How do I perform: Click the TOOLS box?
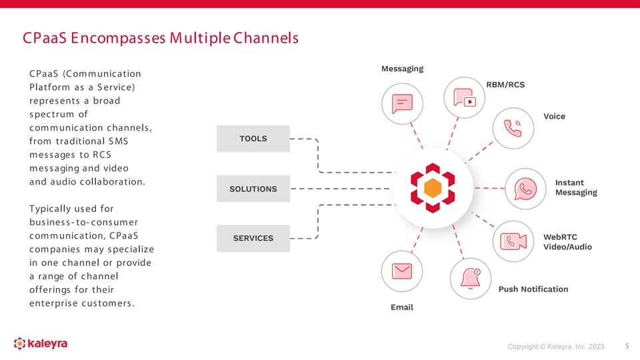tap(253, 139)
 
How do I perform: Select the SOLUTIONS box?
tap(253, 189)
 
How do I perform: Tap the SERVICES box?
tap(253, 238)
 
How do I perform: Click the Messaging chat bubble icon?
tap(402, 103)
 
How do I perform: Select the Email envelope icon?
tap(401, 271)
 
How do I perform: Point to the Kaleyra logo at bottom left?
tap(41, 344)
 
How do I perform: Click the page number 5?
tap(627, 346)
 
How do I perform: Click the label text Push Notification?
tap(533, 289)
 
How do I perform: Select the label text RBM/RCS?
tap(505, 85)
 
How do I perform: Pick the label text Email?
tap(401, 307)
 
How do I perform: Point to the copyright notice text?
tap(556, 347)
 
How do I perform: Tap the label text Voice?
tap(554, 117)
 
